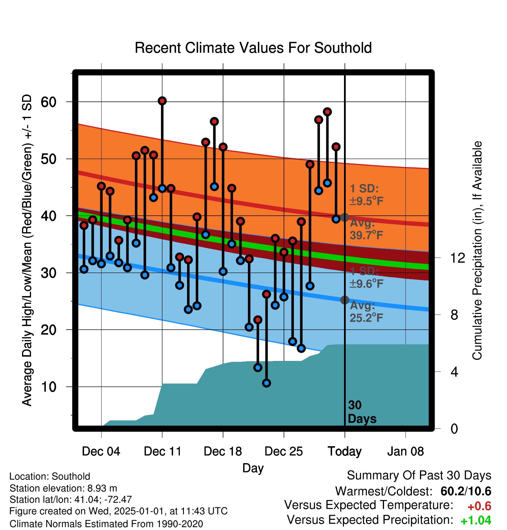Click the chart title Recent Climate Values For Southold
click(x=253, y=48)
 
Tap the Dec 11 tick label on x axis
click(x=162, y=451)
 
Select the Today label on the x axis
click(x=345, y=452)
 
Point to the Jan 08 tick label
click(x=405, y=451)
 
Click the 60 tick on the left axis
click(x=49, y=102)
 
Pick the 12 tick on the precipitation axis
click(x=458, y=258)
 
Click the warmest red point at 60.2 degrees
click(x=162, y=101)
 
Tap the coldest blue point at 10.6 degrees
click(x=267, y=383)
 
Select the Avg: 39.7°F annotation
click(x=366, y=229)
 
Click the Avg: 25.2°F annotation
click(x=366, y=312)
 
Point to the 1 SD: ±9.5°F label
click(x=366, y=195)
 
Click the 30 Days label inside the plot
click(x=362, y=412)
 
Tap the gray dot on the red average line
click(x=345, y=217)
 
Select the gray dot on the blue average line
click(x=345, y=300)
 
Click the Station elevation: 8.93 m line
click(x=63, y=488)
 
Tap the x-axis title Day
click(x=253, y=468)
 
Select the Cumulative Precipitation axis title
click(x=477, y=251)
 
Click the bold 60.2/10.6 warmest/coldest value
click(x=466, y=491)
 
